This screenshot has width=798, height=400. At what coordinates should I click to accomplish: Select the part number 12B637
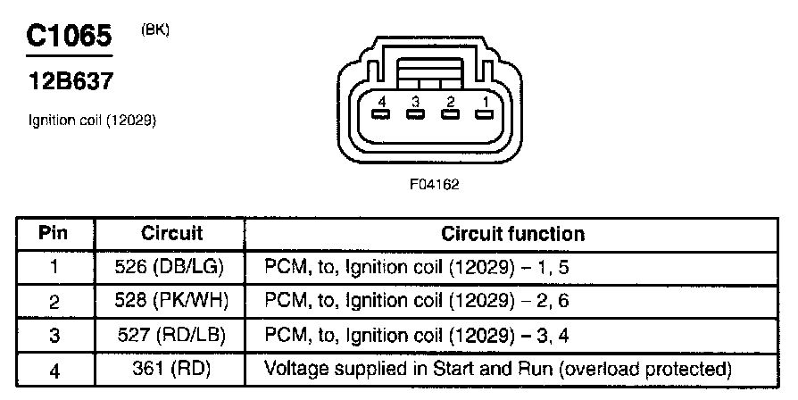coord(70,82)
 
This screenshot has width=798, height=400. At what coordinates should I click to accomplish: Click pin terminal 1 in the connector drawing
coord(484,114)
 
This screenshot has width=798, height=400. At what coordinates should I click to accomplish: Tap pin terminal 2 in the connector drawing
coord(450,114)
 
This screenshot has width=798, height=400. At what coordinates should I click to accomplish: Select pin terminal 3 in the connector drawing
coord(414,114)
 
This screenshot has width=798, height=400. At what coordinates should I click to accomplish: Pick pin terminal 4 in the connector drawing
coord(380,114)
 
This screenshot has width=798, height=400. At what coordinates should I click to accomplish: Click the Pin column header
coord(54,234)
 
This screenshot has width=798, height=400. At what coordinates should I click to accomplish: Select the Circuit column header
coord(171,234)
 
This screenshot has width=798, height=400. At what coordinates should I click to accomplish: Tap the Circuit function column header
coord(512,234)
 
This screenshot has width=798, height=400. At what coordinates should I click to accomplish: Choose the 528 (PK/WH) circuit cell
coord(171,302)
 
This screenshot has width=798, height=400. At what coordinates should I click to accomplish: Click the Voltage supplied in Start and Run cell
coord(498,369)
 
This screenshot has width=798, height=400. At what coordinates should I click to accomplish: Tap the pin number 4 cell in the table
coord(54,369)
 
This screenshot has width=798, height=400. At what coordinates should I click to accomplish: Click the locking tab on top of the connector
coord(432,67)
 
